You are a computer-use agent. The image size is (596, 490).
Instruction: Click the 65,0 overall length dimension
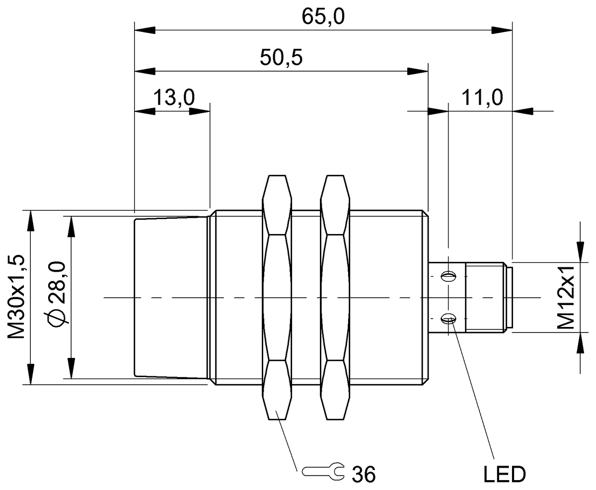(323, 17)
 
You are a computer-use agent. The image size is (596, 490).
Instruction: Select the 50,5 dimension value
(281, 58)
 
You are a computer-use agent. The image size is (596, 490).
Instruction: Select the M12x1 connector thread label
(566, 297)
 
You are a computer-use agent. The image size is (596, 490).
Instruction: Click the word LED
(505, 474)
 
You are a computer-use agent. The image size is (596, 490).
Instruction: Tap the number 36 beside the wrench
(364, 474)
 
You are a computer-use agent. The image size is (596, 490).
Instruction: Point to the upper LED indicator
(448, 275)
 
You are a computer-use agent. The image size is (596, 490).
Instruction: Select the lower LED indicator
(448, 320)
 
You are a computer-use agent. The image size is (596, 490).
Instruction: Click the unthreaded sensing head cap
(171, 297)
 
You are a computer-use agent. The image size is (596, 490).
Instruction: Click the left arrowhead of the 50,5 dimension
(145, 71)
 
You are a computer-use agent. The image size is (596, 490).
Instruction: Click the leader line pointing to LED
(472, 388)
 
